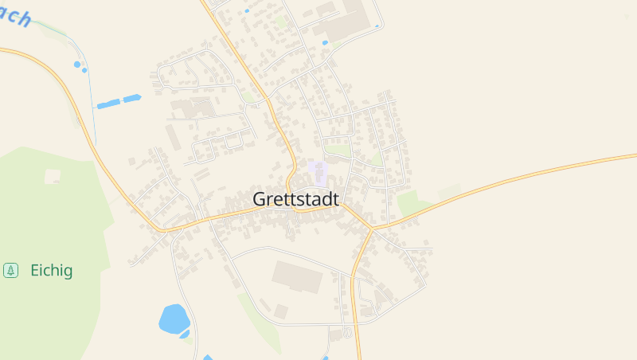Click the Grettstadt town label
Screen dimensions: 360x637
(296, 200)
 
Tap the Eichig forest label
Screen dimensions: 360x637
(51, 271)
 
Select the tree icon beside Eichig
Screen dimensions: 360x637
(11, 271)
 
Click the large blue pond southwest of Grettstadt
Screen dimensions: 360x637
(173, 319)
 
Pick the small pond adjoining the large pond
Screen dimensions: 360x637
(186, 334)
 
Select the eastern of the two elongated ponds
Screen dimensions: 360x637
(131, 99)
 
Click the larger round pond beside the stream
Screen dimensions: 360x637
(77, 64)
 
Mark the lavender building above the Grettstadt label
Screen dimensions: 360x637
(318, 173)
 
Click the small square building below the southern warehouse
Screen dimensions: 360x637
(281, 310)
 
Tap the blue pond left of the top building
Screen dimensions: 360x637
(325, 42)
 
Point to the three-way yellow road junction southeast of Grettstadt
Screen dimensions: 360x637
(371, 230)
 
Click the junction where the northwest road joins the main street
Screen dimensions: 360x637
(166, 231)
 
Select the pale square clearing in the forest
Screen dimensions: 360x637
(53, 176)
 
